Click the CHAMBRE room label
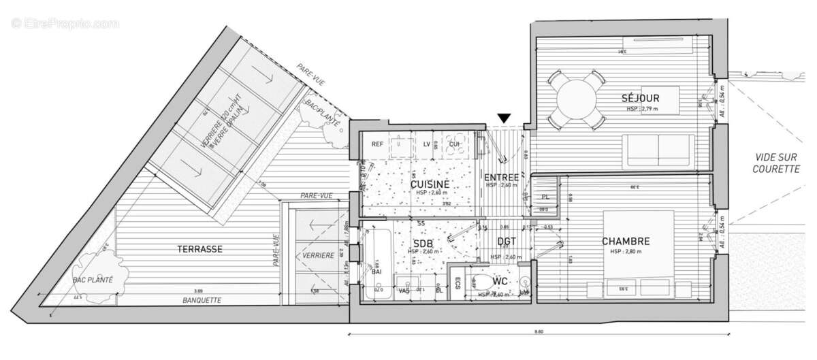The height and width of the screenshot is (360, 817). tap(625, 242)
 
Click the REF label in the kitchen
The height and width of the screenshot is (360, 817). tap(377, 144)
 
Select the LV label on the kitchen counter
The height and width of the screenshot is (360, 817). tap(426, 144)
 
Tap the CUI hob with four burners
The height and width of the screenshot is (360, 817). tap(453, 144)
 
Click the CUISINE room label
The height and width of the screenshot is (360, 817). tap(430, 184)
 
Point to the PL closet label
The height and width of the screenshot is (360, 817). tap(545, 197)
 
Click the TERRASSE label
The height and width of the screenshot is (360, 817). tap(201, 250)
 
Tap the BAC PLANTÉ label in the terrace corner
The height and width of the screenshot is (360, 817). tap(93, 279)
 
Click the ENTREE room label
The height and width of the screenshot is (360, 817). tap(502, 178)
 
